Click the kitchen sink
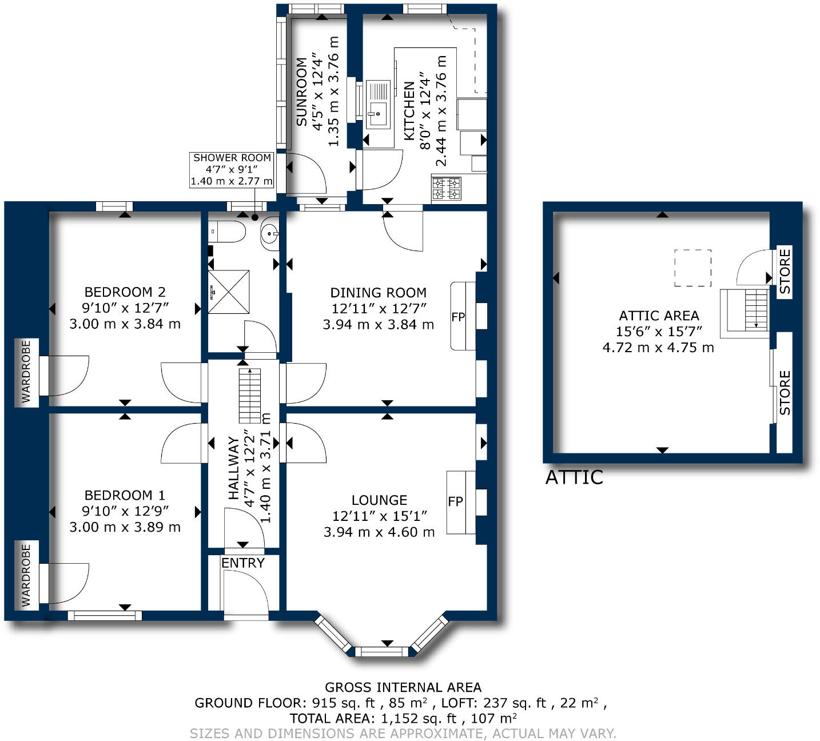pos(377,103)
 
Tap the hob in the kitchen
pos(447,189)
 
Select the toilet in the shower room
pos(228,232)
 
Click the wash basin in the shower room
pos(269,234)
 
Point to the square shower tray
pos(229,292)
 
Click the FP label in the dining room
pos(458,317)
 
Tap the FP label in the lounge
pos(455,502)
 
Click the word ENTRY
pos(243,563)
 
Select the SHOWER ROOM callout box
pos(232,169)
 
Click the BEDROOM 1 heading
pos(125,495)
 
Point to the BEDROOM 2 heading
pos(125,292)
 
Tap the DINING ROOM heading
pos(378,293)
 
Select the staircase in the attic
pos(750,310)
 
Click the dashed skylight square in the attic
pos(692,268)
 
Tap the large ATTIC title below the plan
pos(574,477)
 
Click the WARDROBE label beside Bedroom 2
pos(26,372)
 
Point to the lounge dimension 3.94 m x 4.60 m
pos(379,532)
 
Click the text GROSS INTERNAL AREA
pos(403,687)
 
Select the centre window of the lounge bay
pos(382,651)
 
